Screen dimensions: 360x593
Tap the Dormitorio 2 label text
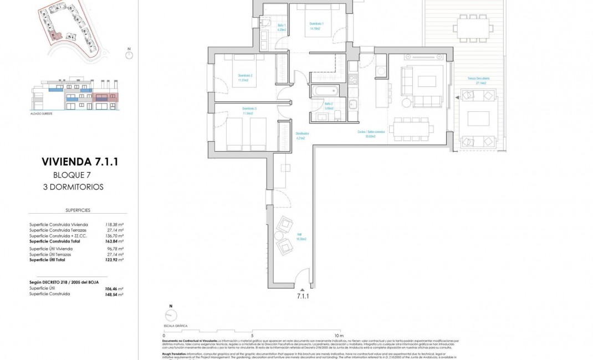[x=246, y=78]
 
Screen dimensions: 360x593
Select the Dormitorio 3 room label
[x=249, y=109]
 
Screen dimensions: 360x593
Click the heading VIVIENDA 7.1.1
[x=80, y=162]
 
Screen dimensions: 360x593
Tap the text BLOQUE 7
[x=73, y=175]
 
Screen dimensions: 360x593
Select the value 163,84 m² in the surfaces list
[x=114, y=241]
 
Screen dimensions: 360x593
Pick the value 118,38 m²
[x=114, y=225]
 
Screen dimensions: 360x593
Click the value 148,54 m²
[x=114, y=294]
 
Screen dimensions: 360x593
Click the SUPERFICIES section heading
[x=78, y=210]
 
